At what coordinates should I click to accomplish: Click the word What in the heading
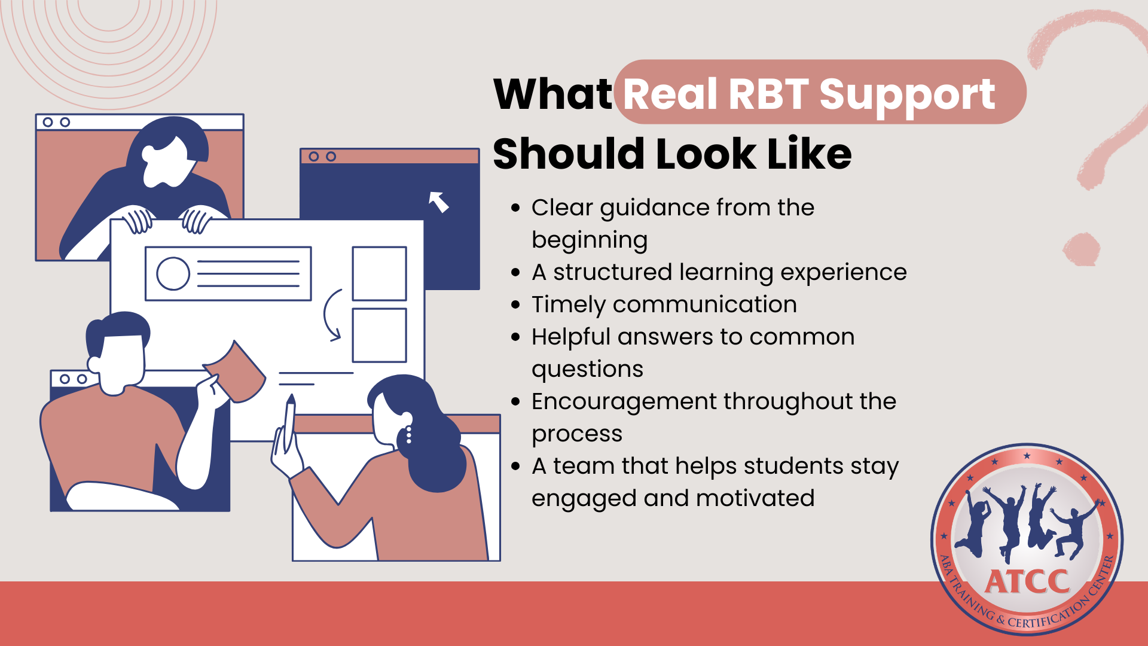pos(552,94)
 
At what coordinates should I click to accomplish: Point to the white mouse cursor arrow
pos(439,202)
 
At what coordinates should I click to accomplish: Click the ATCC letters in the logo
pos(1027,581)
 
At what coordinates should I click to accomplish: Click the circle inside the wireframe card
pos(173,273)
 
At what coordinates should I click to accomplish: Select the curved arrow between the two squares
pos(326,315)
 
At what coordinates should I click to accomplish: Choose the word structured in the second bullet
pos(612,272)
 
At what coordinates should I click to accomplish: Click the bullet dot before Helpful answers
pos(516,337)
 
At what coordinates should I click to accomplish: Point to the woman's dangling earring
pos(409,435)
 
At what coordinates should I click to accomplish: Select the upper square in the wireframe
pos(380,273)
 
